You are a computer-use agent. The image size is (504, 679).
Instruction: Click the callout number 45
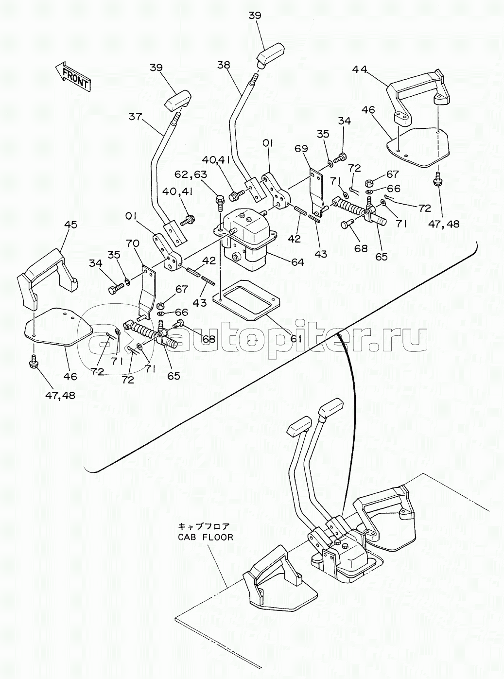(71, 226)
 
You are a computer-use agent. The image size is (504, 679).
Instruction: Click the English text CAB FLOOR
(206, 538)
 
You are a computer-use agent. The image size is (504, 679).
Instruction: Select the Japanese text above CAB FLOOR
(207, 526)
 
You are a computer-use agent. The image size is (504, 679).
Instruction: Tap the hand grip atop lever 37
(178, 101)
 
